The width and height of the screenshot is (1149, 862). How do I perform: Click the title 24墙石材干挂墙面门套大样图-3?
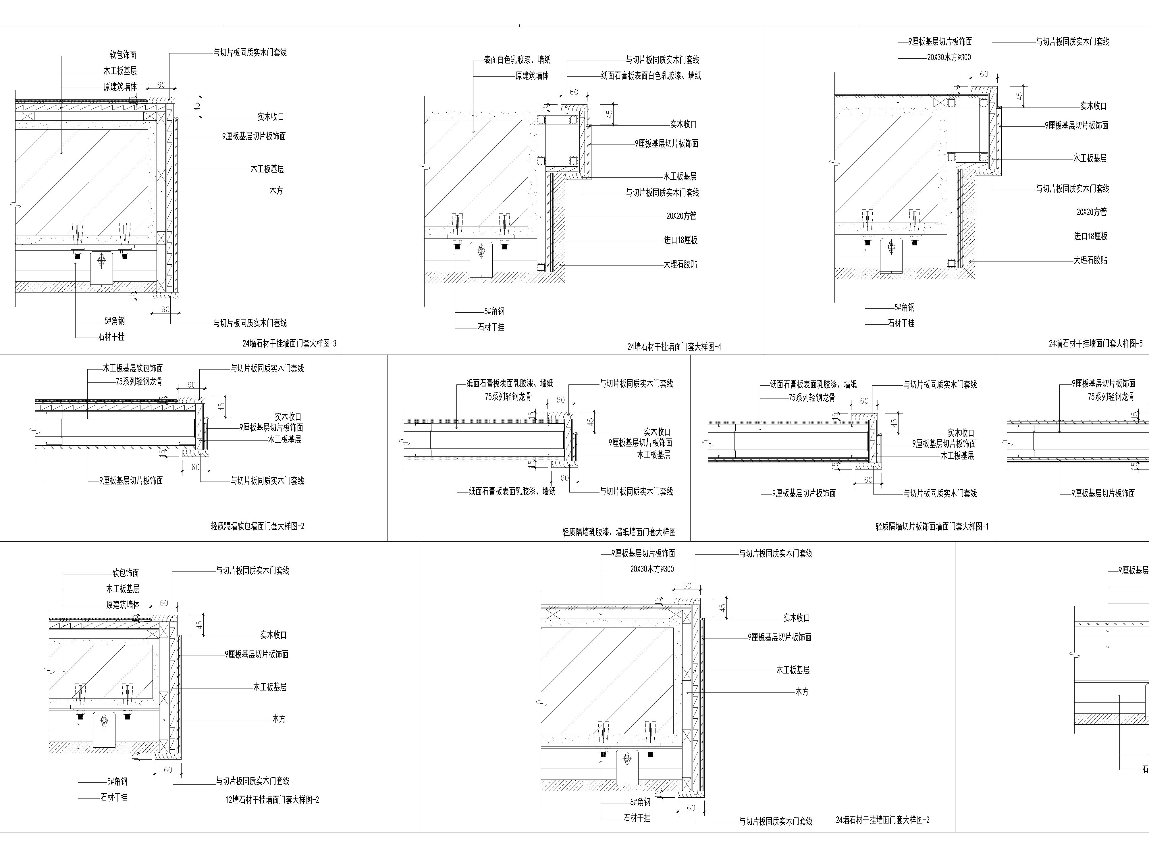pos(289,343)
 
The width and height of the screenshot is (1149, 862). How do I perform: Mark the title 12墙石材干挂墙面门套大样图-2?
pos(272,800)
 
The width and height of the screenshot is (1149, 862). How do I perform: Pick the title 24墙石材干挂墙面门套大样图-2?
pos(882,820)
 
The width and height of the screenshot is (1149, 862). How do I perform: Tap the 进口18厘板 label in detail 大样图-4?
pos(680,240)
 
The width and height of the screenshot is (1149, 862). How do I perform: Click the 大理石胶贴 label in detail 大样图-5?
pos(1091,260)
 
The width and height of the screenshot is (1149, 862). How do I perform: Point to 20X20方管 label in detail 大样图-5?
pos(1091,212)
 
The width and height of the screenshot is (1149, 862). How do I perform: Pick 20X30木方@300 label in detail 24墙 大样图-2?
pos(652,569)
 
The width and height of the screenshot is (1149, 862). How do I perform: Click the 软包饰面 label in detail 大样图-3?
pos(123,55)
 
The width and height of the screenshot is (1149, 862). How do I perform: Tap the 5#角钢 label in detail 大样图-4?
pos(494,311)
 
